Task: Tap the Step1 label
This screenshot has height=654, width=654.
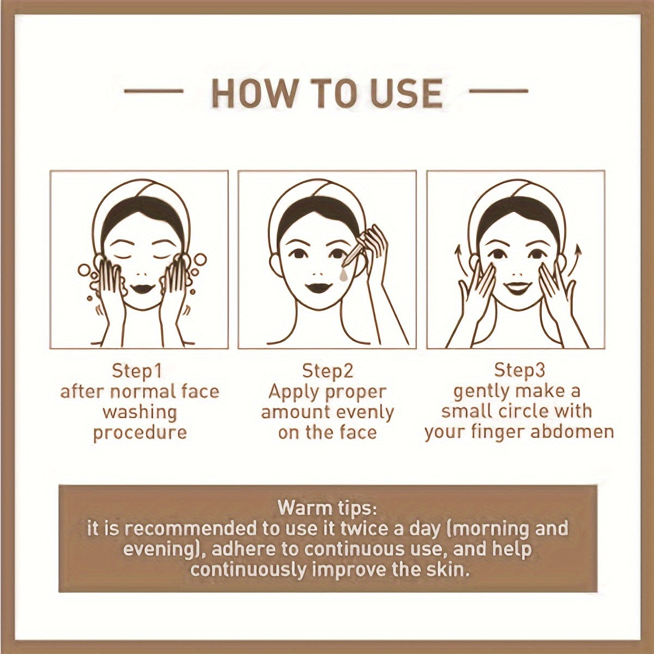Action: tap(137, 371)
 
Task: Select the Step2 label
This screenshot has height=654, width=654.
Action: tap(327, 371)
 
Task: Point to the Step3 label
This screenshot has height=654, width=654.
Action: tap(519, 370)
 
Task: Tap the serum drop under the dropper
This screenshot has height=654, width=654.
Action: tap(343, 276)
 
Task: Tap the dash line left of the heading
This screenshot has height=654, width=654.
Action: tap(154, 90)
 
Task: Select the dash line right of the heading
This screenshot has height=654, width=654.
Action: tap(499, 90)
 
